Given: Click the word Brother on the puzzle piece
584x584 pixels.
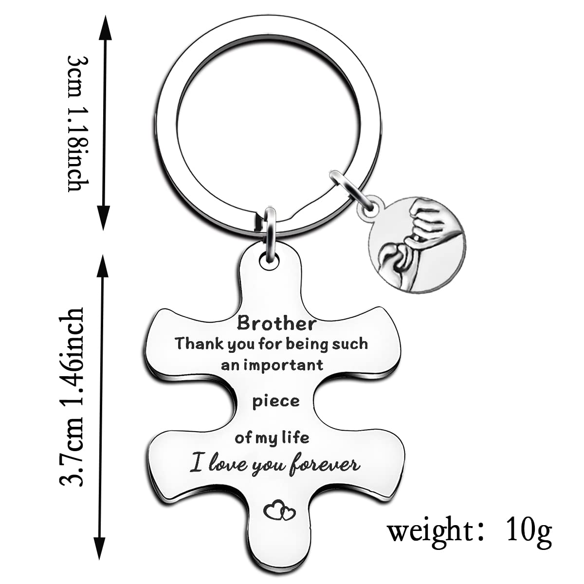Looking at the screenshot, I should point(276,323).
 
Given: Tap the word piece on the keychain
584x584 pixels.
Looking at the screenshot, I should point(275,401).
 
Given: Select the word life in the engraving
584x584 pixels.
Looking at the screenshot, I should point(295,438).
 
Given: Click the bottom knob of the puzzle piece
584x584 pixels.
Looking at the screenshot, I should point(275,545).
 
